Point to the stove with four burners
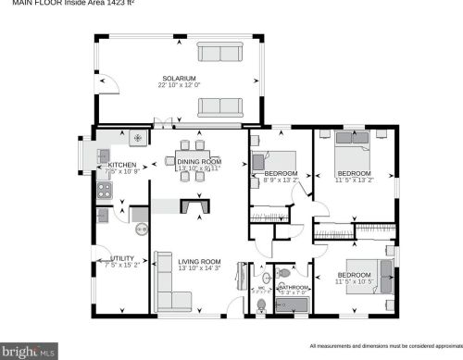click(x=104, y=192)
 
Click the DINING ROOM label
click(x=199, y=161)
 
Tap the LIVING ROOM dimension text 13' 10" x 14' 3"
click(x=199, y=268)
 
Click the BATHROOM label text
click(x=294, y=287)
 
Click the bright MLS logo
click(x=29, y=352)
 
